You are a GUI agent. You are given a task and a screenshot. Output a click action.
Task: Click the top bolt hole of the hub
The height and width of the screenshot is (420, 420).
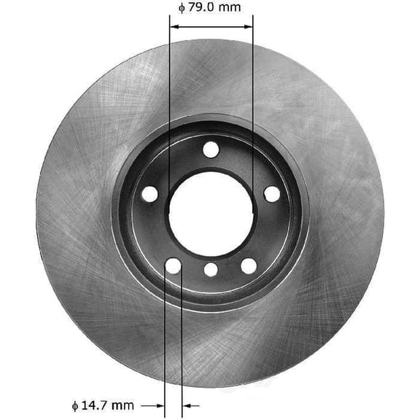211,150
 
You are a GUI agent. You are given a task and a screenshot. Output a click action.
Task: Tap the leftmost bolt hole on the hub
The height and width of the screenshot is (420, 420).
149,195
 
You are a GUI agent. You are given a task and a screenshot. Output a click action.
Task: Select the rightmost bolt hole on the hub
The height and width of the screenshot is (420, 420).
272,194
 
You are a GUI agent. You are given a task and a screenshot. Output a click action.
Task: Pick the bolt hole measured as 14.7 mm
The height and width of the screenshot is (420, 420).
173,266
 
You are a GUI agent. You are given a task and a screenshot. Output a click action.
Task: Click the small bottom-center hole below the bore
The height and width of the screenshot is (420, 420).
211,270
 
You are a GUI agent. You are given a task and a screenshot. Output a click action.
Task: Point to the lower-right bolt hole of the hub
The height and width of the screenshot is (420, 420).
249,266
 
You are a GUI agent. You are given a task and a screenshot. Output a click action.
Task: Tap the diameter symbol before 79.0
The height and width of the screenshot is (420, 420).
181,9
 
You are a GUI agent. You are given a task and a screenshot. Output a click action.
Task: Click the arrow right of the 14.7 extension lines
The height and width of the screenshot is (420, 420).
189,405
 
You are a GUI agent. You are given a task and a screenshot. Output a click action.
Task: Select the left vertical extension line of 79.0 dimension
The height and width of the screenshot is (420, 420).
169,109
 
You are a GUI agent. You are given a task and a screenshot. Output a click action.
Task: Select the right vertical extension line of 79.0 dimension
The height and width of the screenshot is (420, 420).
253,109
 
